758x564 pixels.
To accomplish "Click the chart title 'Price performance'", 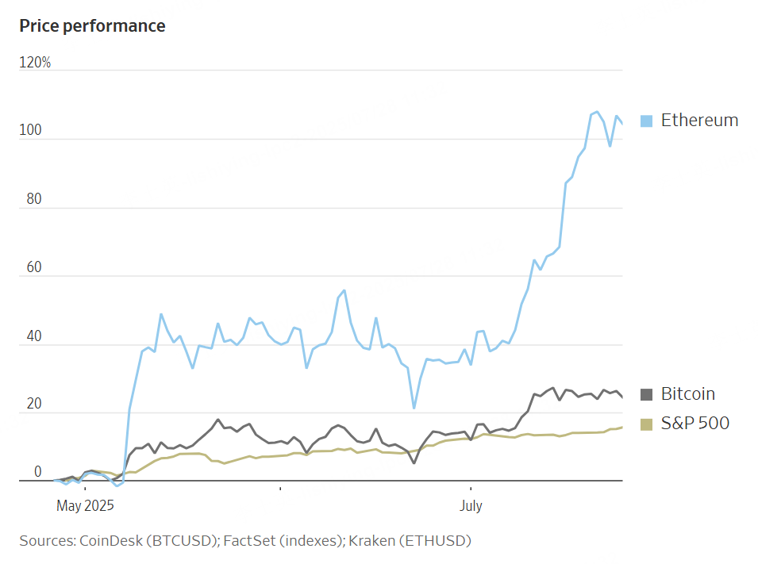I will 92,26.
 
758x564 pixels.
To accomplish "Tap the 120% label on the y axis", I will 35,63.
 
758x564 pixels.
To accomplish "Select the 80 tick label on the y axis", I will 33,200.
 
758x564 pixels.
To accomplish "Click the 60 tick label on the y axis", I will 33,268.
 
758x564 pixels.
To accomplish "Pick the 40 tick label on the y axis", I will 33,336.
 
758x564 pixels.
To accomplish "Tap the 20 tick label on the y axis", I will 33,405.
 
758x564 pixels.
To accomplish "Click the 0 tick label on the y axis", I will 37,473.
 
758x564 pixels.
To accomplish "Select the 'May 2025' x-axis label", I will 86,505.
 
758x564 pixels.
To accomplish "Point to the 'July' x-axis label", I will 471,505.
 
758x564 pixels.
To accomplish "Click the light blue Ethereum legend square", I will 646,121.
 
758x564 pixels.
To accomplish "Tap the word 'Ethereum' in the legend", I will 699,121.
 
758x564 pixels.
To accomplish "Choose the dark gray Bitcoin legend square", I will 646,394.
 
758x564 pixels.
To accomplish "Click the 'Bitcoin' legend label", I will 687,394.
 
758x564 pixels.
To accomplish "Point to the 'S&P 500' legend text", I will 695,424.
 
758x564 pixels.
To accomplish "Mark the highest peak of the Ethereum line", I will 597,112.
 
